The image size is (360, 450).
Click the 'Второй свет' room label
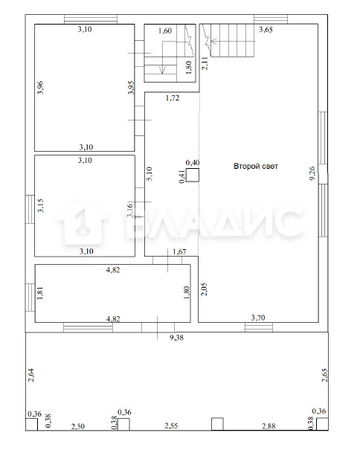click(x=256, y=166)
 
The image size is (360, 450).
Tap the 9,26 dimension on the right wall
click(x=312, y=173)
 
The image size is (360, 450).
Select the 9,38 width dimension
click(x=176, y=338)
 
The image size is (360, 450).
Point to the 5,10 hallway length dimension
click(x=150, y=174)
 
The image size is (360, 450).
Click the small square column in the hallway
click(x=193, y=175)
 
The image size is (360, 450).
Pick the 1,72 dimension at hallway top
click(x=173, y=98)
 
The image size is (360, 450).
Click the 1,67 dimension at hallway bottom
click(x=179, y=251)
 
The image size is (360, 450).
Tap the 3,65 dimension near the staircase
click(x=266, y=30)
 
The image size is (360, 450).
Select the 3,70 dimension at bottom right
click(x=258, y=318)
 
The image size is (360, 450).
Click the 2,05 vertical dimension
click(x=204, y=289)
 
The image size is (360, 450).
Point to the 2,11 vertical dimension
click(x=205, y=63)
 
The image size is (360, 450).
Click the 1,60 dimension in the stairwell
click(x=165, y=30)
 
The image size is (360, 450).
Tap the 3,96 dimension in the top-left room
click(x=40, y=88)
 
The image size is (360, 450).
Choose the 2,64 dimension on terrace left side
click(x=31, y=375)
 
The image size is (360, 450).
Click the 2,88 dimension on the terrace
click(x=269, y=426)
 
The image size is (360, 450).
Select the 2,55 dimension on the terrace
click(x=171, y=426)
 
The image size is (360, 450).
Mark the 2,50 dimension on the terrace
click(x=78, y=426)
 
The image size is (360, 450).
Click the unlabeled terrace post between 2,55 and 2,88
click(x=217, y=424)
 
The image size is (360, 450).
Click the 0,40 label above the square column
click(x=193, y=163)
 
